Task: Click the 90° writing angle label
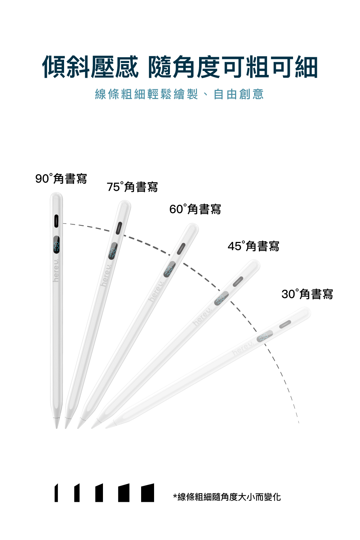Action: click(61, 178)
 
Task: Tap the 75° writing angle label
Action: click(132, 187)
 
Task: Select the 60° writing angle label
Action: click(195, 209)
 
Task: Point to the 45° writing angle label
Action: click(253, 246)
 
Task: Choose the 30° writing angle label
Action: click(307, 294)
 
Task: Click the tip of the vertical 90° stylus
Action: click(57, 423)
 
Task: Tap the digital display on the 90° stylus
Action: click(57, 245)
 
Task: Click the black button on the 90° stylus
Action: click(57, 221)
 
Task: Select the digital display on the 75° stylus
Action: click(113, 251)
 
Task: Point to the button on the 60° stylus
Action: click(181, 248)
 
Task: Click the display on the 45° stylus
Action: click(221, 298)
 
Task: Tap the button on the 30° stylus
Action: click(285, 324)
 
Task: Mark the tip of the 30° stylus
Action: click(108, 426)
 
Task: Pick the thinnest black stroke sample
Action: click(56, 493)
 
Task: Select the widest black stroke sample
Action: click(148, 493)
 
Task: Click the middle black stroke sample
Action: click(99, 493)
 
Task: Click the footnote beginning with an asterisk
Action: click(227, 497)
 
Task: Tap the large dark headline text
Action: click(180, 67)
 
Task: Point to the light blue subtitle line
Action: click(179, 94)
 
